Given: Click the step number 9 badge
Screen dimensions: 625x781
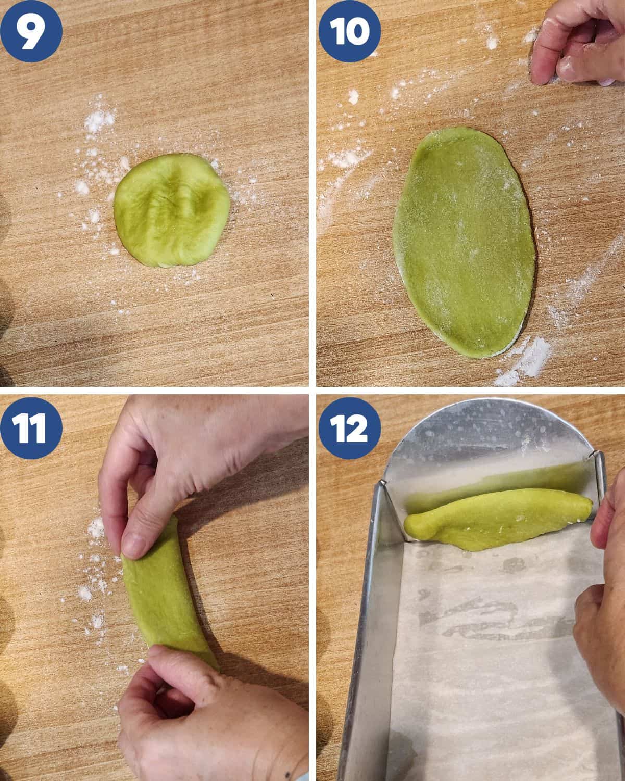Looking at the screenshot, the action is (31, 31).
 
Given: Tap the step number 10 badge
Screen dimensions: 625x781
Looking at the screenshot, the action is (349, 31).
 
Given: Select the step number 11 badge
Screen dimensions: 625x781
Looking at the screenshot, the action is (31, 428).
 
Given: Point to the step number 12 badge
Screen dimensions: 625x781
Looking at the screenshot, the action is (349, 428).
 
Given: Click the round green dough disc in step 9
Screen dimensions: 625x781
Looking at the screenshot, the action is (172, 210).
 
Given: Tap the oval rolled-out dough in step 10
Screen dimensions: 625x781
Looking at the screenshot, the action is (465, 243).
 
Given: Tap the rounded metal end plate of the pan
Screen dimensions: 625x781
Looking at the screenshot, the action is (489, 441).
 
